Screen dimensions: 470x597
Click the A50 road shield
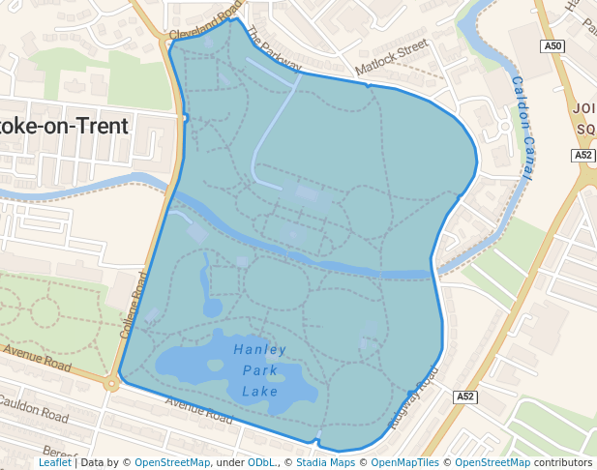(552, 45)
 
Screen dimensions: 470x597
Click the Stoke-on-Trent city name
(64, 126)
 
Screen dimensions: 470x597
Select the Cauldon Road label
(34, 408)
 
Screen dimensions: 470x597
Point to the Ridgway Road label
(413, 397)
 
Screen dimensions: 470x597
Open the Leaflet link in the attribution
(54, 462)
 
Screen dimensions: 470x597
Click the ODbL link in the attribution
(262, 462)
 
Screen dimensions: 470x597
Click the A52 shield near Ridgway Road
(465, 397)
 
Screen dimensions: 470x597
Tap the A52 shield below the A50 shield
(582, 155)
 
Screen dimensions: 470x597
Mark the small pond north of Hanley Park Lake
(211, 308)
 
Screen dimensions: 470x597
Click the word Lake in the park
(260, 392)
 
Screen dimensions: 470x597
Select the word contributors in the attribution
(562, 462)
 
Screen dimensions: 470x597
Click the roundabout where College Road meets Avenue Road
(112, 383)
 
